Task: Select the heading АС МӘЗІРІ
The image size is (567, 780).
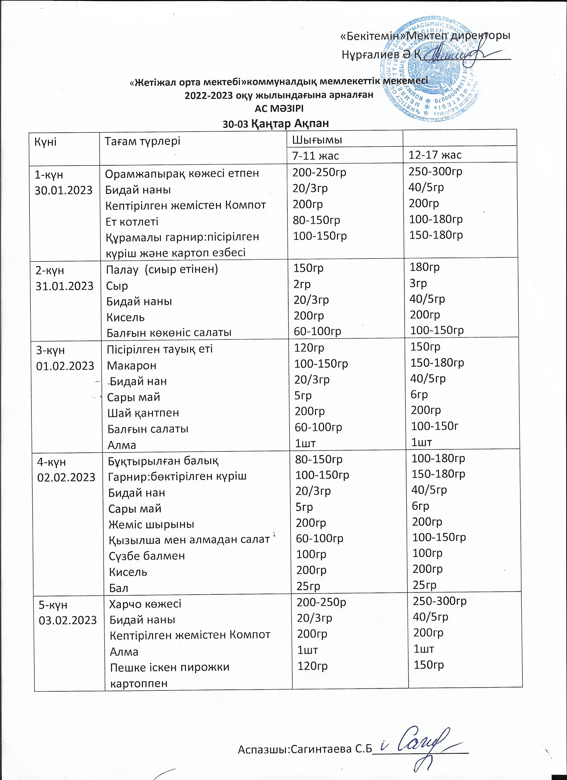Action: pyautogui.click(x=279, y=108)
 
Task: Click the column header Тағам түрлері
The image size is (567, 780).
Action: pyautogui.click(x=142, y=141)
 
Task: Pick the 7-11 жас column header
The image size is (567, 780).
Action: pyautogui.click(x=315, y=155)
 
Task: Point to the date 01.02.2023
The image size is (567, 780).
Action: pyautogui.click(x=65, y=366)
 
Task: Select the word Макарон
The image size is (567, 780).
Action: pyautogui.click(x=132, y=365)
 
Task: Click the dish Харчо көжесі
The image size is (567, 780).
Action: pyautogui.click(x=145, y=604)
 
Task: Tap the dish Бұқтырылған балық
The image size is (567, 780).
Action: pyautogui.click(x=163, y=460)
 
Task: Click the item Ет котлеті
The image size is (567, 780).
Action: pyautogui.click(x=132, y=221)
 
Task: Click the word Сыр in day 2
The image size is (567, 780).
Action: pyautogui.click(x=117, y=285)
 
